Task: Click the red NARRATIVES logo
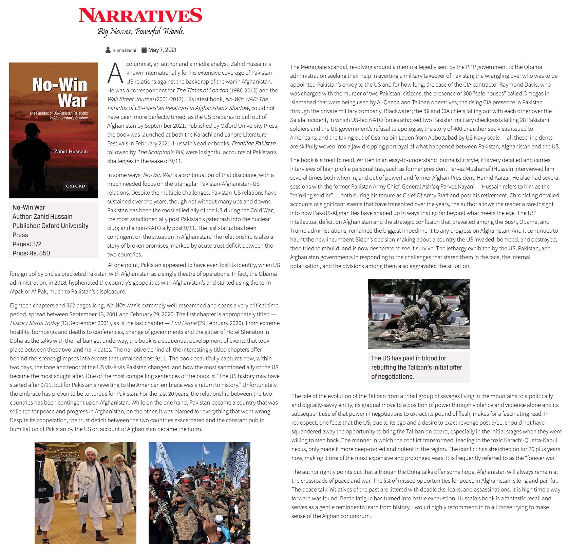tap(140, 15)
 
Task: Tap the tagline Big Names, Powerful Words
tap(141, 31)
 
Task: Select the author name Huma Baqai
tap(124, 50)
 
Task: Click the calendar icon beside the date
tap(144, 50)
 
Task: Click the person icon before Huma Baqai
tap(108, 50)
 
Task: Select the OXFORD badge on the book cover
tap(75, 186)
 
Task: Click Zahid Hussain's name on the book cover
tap(71, 151)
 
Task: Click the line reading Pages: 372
tap(27, 244)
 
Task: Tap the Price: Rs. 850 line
tap(31, 253)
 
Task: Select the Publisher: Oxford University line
tap(50, 226)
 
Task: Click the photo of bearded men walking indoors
tap(86, 493)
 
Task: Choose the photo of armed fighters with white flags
tap(200, 493)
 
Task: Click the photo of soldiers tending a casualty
tap(418, 314)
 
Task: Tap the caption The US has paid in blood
tap(416, 367)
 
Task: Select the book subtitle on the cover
tap(58, 115)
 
